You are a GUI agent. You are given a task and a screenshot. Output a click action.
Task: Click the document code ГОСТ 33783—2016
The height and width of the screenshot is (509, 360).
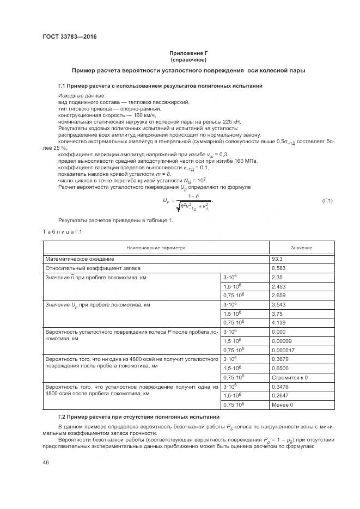point(65,37)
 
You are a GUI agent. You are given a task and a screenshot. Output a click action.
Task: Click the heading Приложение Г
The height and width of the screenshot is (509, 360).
point(188,53)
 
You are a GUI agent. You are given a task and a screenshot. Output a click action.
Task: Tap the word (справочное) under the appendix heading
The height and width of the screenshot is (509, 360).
point(188,59)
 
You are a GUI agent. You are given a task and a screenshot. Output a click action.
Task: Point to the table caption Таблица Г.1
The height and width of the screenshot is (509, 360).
point(62,232)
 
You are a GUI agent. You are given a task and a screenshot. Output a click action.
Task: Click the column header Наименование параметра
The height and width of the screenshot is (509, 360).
point(156,248)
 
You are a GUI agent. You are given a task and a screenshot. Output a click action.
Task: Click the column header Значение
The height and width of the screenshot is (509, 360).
point(301,248)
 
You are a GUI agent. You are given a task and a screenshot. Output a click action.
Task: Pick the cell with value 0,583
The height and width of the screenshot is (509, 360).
point(279,269)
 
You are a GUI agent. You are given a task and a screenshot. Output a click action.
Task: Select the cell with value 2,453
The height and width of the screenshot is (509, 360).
point(279,286)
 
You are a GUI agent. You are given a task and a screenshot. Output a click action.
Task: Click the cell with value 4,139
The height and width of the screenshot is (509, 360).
point(279,322)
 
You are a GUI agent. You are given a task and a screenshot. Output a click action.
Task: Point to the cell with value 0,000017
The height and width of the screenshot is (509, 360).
point(283,349)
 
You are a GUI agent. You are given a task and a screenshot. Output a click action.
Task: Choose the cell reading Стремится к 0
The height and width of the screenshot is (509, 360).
point(290,377)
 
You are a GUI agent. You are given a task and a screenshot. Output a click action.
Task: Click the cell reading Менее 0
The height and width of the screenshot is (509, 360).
point(283,404)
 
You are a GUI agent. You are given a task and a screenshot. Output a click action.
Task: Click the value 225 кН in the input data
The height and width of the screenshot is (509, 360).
point(232,122)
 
